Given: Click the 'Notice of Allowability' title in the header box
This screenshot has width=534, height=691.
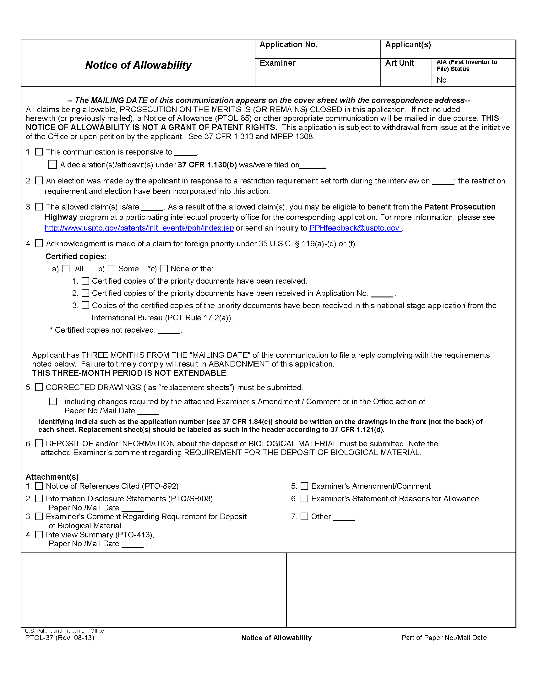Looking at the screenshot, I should [x=138, y=65].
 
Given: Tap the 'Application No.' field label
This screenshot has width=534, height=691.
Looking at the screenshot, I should [x=288, y=45].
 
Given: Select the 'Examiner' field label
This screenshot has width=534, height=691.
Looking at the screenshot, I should [x=277, y=63].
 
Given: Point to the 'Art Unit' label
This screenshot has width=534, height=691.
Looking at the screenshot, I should [x=399, y=63].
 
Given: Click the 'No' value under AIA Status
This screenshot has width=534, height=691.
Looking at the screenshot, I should [x=441, y=80].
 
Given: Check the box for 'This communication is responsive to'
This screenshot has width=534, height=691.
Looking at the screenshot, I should [x=39, y=152].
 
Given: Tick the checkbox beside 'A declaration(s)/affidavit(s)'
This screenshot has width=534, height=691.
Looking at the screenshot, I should [x=52, y=165].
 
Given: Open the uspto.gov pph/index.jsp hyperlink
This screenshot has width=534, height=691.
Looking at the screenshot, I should [x=139, y=228].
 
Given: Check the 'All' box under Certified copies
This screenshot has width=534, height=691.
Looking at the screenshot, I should [x=65, y=269].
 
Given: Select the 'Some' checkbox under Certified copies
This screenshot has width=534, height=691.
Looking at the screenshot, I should [x=112, y=269].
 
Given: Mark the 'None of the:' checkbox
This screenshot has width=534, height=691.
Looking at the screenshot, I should [x=164, y=269].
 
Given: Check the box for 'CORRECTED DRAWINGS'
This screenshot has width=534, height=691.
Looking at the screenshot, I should [x=39, y=387].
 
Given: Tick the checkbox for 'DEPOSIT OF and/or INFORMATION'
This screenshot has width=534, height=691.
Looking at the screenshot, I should [x=39, y=443].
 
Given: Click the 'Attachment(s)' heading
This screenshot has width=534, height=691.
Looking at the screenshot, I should [x=52, y=477].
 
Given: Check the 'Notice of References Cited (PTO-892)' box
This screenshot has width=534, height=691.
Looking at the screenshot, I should [x=39, y=486].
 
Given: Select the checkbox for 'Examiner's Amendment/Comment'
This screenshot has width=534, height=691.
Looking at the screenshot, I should [x=304, y=486].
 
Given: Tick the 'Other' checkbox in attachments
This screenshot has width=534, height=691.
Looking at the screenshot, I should [x=304, y=516].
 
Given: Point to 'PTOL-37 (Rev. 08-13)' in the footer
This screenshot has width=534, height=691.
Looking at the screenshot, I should [x=59, y=638].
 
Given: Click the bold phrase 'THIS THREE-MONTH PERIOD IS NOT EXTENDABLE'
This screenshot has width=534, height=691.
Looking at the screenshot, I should [x=129, y=373].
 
